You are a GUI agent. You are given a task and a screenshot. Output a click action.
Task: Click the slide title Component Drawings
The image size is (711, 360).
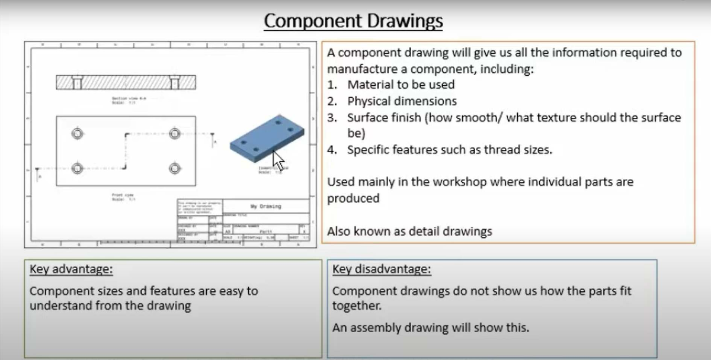pyautogui.click(x=353, y=21)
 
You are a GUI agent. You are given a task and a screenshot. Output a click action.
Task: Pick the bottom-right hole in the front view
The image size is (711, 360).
pyautogui.click(x=174, y=168)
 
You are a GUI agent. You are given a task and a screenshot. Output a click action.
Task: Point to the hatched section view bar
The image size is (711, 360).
pyautogui.click(x=126, y=82)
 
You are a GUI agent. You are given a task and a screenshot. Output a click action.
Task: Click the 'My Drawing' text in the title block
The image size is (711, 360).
pyautogui.click(x=265, y=207)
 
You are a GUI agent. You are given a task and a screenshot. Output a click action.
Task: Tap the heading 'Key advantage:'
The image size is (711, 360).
pyautogui.click(x=71, y=270)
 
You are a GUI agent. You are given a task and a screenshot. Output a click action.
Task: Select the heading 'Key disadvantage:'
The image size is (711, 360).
pyautogui.click(x=382, y=270)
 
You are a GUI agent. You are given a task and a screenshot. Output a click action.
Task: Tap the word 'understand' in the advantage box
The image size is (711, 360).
pyautogui.click(x=60, y=306)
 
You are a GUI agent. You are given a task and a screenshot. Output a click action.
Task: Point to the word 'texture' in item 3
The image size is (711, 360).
pyautogui.click(x=533, y=117)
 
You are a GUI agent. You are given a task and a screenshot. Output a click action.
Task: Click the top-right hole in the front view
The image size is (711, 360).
pyautogui.click(x=174, y=133)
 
